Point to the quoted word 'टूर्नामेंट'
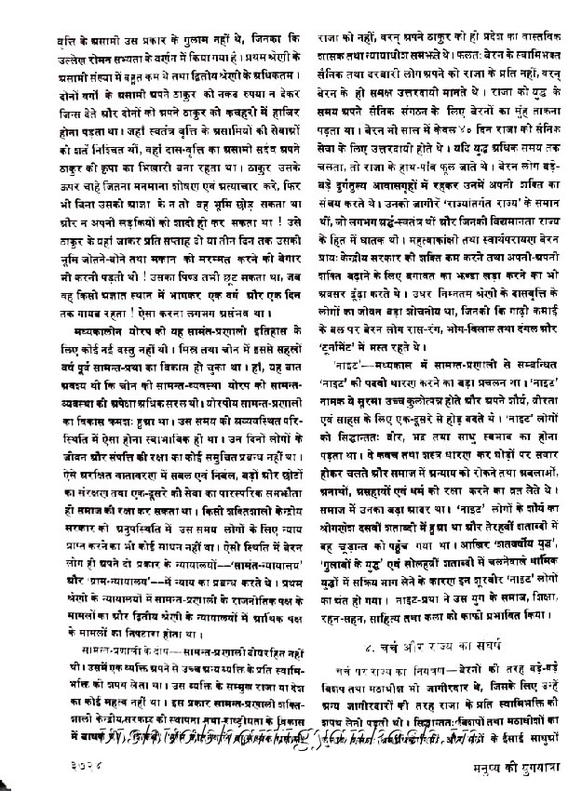[344, 318]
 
